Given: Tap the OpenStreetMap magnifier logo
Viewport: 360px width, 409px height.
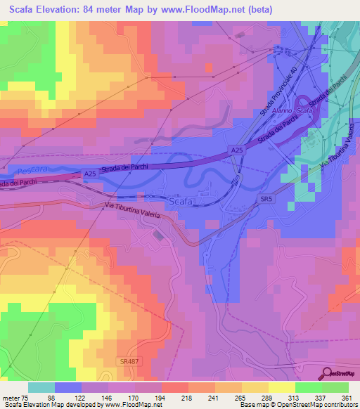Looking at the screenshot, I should pyautogui.click(x=328, y=373).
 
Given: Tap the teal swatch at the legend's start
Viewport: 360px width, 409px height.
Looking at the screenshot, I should pyautogui.click(x=41, y=387).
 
